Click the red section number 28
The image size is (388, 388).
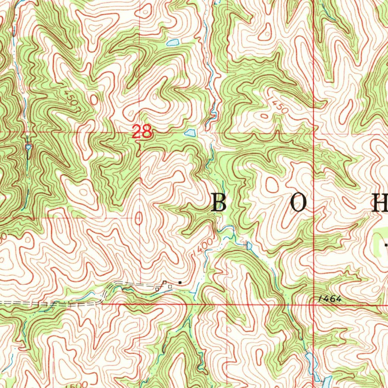point(142,132)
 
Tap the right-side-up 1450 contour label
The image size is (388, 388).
point(279,105)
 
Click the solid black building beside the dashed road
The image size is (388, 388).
point(180,282)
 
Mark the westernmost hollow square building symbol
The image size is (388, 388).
point(157,289)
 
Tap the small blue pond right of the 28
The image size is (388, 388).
point(190,133)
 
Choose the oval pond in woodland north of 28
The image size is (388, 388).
point(173,42)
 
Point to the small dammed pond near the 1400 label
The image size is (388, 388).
point(249,246)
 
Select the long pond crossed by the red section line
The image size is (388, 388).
point(311,362)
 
